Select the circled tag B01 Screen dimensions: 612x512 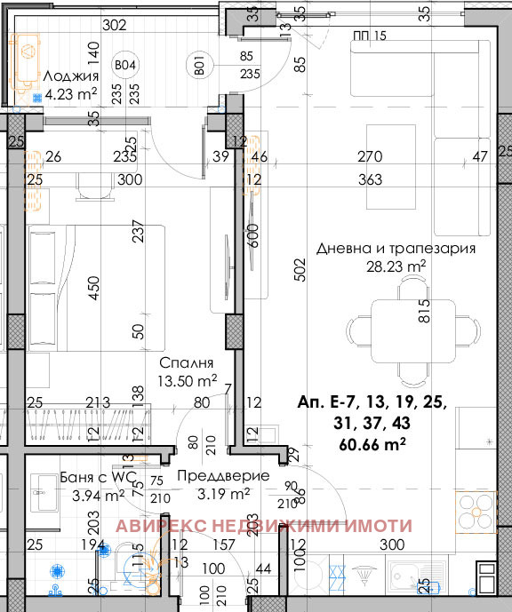pos(199,65)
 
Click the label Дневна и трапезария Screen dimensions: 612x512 pos(396,249)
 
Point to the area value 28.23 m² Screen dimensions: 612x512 pos(396,265)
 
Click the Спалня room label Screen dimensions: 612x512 pos(187,363)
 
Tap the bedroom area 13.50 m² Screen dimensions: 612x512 pos(187,380)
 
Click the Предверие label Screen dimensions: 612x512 pos(211,476)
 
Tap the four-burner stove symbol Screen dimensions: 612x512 pos(475,513)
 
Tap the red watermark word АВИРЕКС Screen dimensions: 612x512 pos(159,526)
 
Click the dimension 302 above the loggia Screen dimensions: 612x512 pos(115,25)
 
